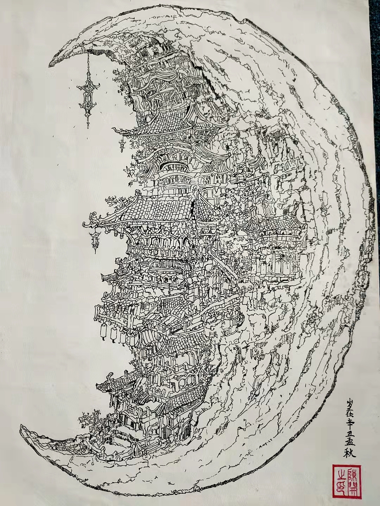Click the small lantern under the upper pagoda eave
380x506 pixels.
122,144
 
